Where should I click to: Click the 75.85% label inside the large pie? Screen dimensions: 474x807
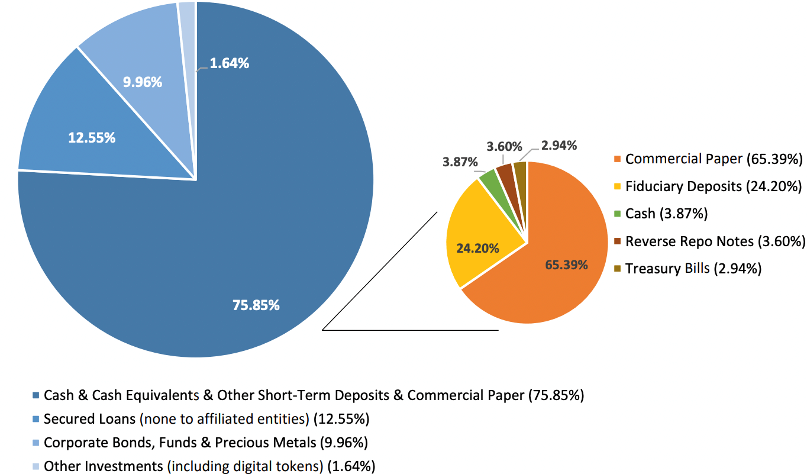click(x=256, y=305)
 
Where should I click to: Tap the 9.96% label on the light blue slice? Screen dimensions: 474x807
click(x=143, y=82)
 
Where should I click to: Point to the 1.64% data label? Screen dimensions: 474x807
click(x=230, y=63)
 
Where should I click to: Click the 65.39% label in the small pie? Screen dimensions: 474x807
click(x=566, y=265)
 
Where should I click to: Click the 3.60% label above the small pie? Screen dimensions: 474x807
click(x=505, y=146)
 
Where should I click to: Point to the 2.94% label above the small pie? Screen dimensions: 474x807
click(x=559, y=145)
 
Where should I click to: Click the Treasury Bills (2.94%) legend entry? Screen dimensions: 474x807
click(x=693, y=268)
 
